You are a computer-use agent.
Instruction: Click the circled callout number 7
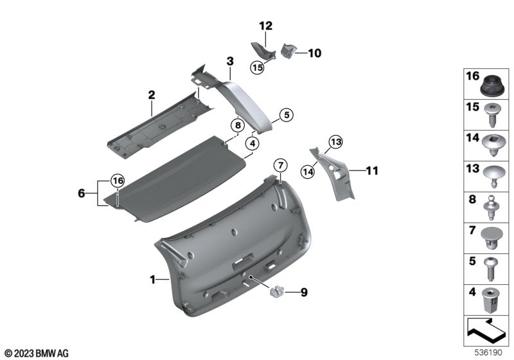pyautogui.click(x=280, y=165)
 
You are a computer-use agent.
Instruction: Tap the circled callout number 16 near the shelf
pyautogui.click(x=116, y=181)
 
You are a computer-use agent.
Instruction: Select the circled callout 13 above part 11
pyautogui.click(x=335, y=142)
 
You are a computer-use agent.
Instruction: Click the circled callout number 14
pyautogui.click(x=308, y=170)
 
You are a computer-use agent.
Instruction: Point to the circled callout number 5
pyautogui.click(x=285, y=115)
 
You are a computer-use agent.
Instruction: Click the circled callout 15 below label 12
pyautogui.click(x=258, y=67)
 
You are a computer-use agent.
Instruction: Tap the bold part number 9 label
pyautogui.click(x=304, y=292)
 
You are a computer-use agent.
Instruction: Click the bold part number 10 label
pyautogui.click(x=314, y=53)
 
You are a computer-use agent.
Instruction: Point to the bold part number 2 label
pyautogui.click(x=152, y=94)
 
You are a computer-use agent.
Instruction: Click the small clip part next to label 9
pyautogui.click(x=278, y=291)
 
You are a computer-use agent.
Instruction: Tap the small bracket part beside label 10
pyautogui.click(x=288, y=50)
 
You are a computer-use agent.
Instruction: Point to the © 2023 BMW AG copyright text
pyautogui.click(x=36, y=353)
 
